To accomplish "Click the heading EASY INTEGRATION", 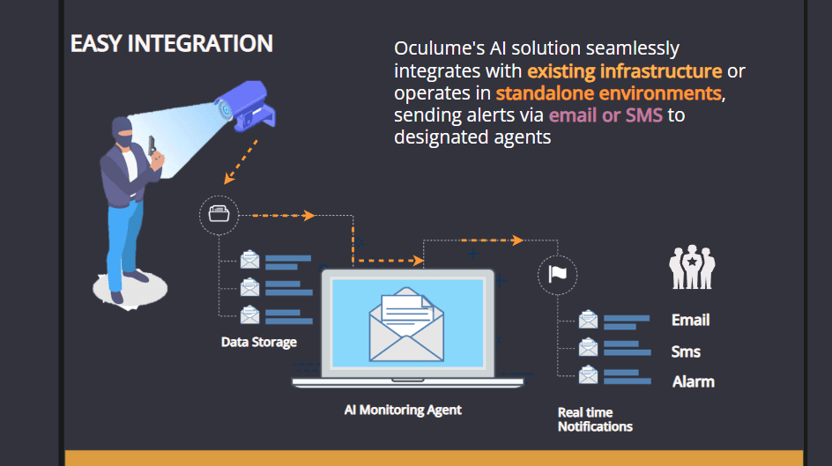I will tap(172, 44).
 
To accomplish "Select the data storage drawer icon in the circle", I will tap(218, 214).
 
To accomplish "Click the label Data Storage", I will tap(259, 342).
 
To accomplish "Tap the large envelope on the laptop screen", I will tap(405, 325).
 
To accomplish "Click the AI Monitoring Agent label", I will tap(403, 410).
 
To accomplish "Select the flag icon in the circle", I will tap(557, 274).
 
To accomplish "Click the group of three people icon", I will tap(692, 267).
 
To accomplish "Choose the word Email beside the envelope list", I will tap(691, 320).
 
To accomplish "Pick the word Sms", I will tap(686, 351).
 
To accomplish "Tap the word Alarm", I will tap(694, 381).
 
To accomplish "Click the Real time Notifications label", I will tap(595, 419).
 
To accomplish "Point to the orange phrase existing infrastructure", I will tap(624, 70).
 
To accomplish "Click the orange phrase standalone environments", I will tap(608, 92).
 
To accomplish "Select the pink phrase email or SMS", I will tap(605, 115).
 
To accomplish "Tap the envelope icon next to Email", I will tap(588, 320).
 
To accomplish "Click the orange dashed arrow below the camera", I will tap(241, 159).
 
